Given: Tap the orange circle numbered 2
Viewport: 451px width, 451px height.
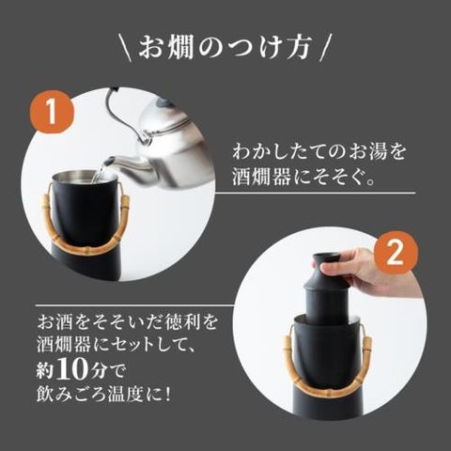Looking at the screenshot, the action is pos(396,253).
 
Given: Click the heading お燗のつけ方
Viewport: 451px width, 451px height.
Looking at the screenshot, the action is pos(225,48).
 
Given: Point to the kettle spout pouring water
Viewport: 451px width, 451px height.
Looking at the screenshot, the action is pos(125,163).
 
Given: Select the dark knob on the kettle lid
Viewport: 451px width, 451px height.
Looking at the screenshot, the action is pos(163,102).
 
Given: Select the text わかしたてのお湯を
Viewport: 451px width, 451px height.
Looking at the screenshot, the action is pos(319,152).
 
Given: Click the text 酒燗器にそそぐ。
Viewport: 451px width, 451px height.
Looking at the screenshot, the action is pos(303,178).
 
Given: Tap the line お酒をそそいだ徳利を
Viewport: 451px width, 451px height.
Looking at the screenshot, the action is pos(127,322).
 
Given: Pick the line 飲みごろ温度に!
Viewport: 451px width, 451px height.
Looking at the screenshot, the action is pos(103,394).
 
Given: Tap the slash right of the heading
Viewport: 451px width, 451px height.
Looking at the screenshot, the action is pos(324,49).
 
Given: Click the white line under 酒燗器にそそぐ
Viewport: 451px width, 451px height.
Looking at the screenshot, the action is pos(315,193).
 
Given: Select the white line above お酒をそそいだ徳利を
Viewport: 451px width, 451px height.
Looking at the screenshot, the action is pos(135,304).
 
